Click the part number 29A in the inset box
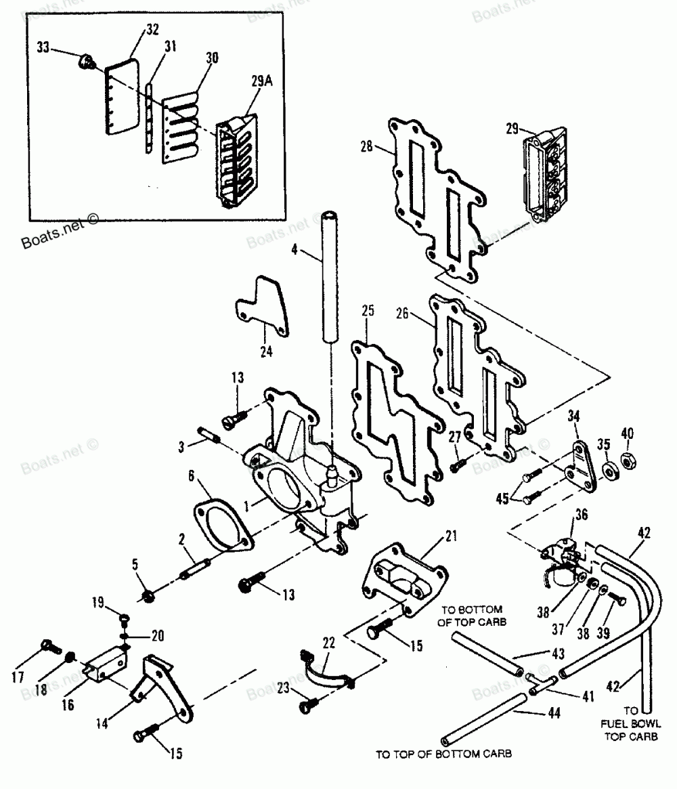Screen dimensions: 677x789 (261, 81)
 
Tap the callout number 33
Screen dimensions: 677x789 (43, 47)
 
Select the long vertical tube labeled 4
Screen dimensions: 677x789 (330, 277)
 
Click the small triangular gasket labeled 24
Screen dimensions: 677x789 (263, 305)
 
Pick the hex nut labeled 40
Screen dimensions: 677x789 (629, 461)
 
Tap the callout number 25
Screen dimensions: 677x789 (368, 310)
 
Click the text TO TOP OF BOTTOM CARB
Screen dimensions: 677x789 (443, 754)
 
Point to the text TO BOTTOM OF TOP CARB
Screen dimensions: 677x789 (471, 616)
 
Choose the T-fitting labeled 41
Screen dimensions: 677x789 (541, 683)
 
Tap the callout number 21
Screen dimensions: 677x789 (451, 536)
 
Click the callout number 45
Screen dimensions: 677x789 (502, 498)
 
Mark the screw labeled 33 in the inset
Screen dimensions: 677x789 (87, 64)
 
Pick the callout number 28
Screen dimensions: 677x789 (366, 146)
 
